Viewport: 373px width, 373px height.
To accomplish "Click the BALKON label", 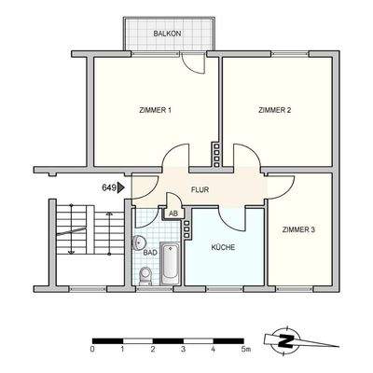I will (168, 34).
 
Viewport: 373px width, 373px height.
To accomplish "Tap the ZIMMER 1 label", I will (154, 111).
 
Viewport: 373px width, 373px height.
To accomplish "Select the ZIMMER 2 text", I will (275, 111).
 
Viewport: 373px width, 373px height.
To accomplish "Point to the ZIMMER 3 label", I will (297, 228).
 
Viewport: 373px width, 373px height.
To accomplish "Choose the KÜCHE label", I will (222, 247).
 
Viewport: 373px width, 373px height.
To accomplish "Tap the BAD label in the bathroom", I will (149, 252).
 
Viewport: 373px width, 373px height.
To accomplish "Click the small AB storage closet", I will (173, 213).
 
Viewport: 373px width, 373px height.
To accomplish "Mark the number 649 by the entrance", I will (108, 187).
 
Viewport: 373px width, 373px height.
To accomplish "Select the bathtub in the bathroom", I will (170, 265).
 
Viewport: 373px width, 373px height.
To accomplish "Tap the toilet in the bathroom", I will (145, 275).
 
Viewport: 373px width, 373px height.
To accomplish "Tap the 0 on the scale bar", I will (92, 350).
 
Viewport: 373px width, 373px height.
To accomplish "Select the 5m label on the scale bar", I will (246, 350).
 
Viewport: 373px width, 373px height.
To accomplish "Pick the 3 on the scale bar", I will (183, 350).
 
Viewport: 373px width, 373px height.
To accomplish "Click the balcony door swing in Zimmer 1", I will (195, 62).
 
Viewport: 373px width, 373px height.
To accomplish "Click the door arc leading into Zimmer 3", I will (277, 184).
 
